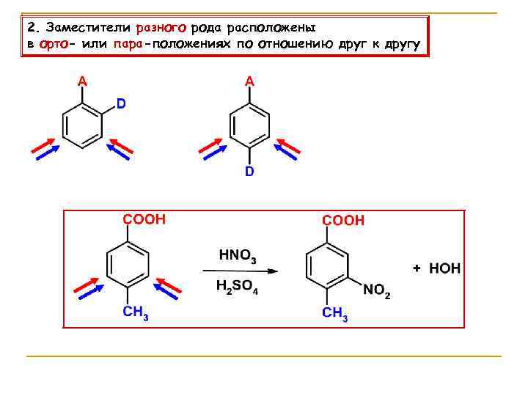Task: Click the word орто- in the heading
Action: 56,45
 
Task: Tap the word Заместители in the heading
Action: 87,28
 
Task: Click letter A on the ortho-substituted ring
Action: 82,82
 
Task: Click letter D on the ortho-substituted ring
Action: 121,105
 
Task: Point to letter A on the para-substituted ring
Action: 249,82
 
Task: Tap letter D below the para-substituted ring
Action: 249,172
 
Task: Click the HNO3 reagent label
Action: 238,257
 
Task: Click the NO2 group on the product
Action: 377,291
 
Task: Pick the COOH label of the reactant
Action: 144,219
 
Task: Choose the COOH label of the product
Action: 343,220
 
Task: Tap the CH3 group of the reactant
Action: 136,313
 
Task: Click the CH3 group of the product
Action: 335,314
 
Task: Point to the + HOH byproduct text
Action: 436,269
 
